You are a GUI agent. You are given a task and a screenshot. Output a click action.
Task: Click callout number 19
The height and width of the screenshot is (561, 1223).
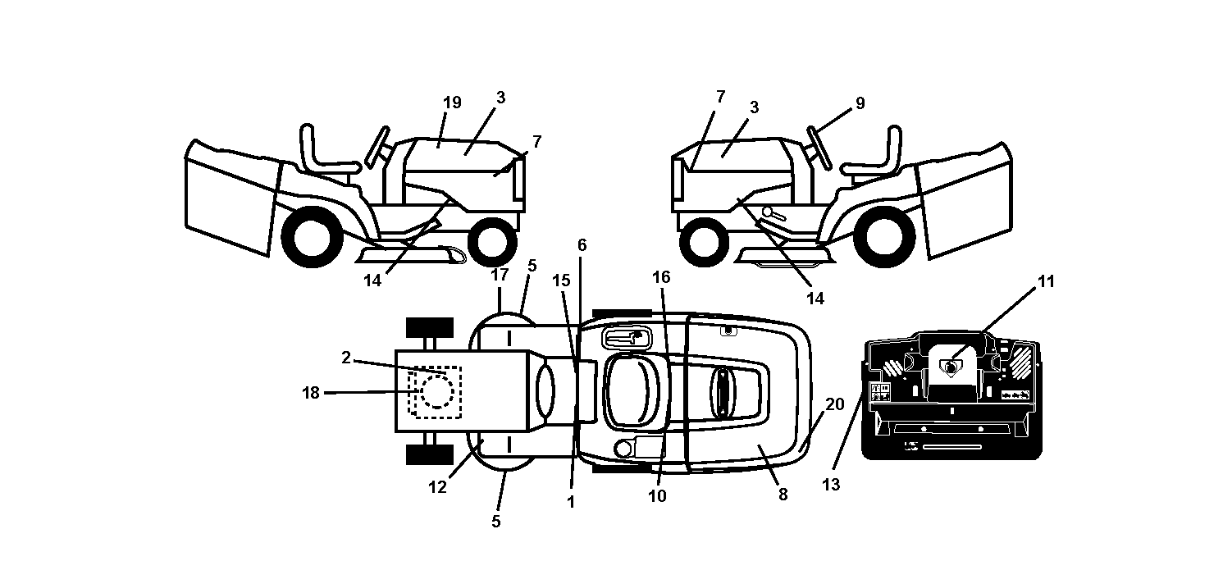[452, 103]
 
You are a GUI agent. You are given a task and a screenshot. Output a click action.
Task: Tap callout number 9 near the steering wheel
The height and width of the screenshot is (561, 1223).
[860, 103]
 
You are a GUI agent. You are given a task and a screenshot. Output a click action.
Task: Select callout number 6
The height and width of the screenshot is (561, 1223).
[582, 245]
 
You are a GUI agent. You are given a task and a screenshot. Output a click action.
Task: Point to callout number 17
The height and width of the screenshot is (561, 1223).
[500, 275]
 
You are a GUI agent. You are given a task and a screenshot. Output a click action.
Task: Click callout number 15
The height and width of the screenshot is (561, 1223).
[561, 280]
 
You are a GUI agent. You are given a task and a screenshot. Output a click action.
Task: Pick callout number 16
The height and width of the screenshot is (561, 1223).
[661, 277]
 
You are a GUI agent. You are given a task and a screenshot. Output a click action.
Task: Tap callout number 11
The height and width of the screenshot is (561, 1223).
[1046, 281]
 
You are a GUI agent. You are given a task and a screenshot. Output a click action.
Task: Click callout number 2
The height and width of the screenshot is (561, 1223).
[345, 358]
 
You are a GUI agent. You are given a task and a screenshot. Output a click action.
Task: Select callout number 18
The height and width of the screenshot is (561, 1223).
[311, 392]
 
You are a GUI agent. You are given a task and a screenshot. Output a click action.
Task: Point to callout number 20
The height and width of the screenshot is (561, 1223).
[835, 404]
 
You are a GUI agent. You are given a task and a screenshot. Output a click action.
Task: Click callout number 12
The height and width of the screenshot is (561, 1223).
[437, 487]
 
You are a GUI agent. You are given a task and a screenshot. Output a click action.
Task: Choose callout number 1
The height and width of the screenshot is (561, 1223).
[571, 502]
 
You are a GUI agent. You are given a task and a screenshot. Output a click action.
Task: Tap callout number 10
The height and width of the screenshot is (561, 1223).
[657, 496]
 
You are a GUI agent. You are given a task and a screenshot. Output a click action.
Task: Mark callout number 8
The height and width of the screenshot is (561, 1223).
[783, 495]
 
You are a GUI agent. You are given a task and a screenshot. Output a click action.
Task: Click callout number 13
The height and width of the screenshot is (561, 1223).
[831, 485]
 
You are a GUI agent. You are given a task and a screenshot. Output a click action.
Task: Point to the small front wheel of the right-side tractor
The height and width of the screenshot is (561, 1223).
[705, 242]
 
